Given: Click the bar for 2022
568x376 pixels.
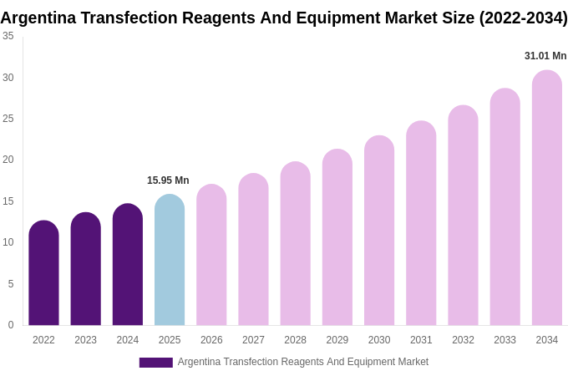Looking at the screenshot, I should [43, 273].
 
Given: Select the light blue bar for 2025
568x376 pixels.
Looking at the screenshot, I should [170, 260].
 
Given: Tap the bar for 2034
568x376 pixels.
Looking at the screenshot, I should [546, 198].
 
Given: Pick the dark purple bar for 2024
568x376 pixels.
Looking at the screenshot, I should [128, 265].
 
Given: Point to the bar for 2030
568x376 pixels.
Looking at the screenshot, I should [379, 231].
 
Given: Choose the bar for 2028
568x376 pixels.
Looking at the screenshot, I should [295, 244].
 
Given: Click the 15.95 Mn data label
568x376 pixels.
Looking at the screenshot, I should [168, 180].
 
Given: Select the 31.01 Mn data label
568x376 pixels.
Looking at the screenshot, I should [545, 56].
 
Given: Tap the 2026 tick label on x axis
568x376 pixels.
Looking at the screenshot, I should [211, 340].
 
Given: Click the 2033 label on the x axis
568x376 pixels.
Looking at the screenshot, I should [505, 340].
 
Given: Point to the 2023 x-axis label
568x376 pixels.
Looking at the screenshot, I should [85, 340].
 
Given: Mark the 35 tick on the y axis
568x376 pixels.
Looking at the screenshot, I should [8, 36].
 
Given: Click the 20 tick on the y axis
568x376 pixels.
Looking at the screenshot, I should [8, 160].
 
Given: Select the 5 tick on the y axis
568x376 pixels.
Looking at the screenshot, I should [11, 284].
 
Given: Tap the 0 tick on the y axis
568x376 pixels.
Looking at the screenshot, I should [11, 325].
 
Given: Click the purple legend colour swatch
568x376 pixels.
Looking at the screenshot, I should [155, 363].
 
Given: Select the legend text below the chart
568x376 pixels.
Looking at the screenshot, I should [302, 362].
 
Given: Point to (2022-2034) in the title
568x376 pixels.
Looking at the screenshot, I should [523, 18].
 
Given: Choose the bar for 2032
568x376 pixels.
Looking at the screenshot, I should [463, 216].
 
